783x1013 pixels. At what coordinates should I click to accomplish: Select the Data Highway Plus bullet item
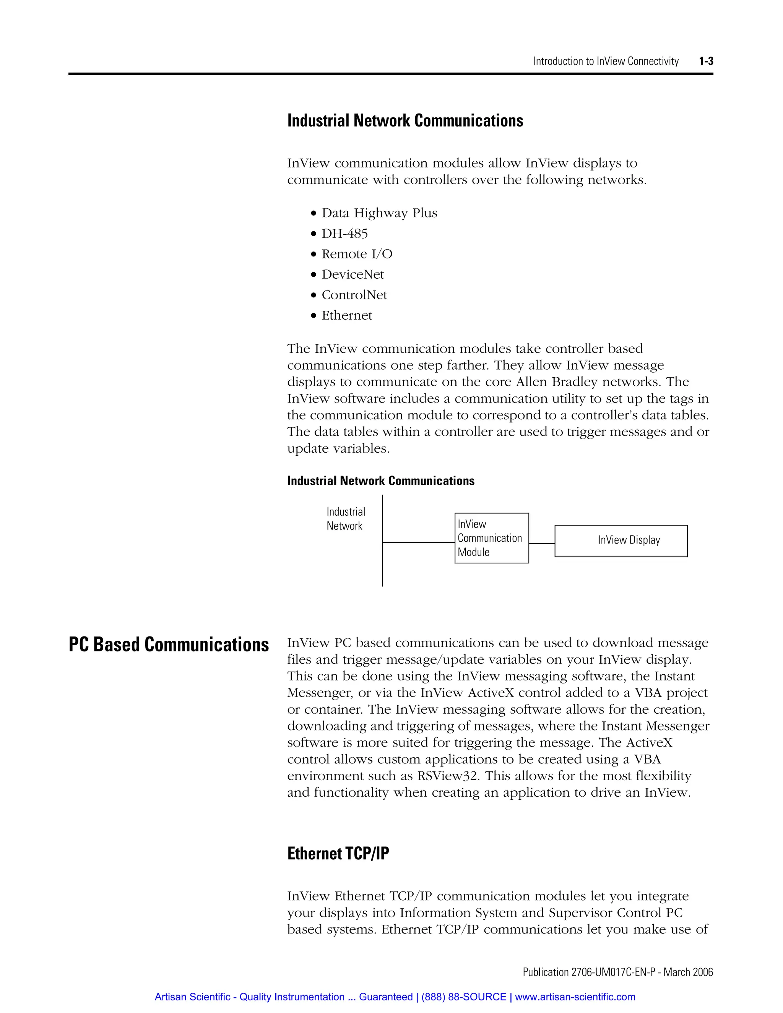pyautogui.click(x=379, y=213)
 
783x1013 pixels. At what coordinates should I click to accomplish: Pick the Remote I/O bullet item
pyautogui.click(x=357, y=254)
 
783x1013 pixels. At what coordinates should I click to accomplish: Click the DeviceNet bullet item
pyautogui.click(x=353, y=274)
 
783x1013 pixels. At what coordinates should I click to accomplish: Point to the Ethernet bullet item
pyautogui.click(x=346, y=315)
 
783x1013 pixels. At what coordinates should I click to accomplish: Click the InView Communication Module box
pyautogui.click(x=491, y=538)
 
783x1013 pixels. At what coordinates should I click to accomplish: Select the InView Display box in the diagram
pyautogui.click(x=621, y=541)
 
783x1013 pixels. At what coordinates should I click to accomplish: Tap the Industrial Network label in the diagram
pyautogui.click(x=346, y=519)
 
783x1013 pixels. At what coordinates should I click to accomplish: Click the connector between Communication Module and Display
pyautogui.click(x=541, y=543)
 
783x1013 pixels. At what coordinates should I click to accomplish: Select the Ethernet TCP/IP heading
pyautogui.click(x=338, y=854)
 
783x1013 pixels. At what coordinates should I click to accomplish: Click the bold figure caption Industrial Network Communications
pyautogui.click(x=380, y=481)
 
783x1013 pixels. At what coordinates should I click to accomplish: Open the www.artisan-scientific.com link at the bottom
pyautogui.click(x=575, y=997)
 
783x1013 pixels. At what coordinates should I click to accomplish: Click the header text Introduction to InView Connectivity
pyautogui.click(x=605, y=61)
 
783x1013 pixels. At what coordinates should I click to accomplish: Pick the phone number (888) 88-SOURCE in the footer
pyautogui.click(x=463, y=997)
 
